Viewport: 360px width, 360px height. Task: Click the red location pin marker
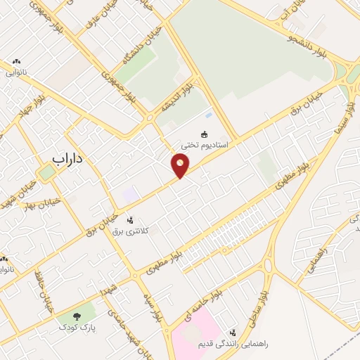coord(181,166)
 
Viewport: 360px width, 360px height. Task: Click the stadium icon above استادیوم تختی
coord(205,134)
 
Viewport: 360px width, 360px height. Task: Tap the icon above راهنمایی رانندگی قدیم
coord(232,333)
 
